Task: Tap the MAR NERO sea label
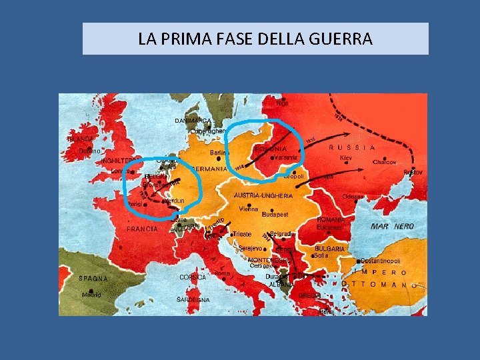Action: click(392, 227)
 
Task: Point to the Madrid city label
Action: click(91, 295)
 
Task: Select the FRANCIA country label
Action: click(142, 229)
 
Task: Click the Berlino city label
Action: click(219, 153)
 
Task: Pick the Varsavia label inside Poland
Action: click(285, 157)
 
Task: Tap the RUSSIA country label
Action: click(353, 147)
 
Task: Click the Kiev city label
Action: click(345, 158)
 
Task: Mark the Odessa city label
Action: click(353, 197)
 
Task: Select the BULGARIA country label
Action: click(329, 249)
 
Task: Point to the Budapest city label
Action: click(275, 215)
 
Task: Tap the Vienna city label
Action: click(248, 209)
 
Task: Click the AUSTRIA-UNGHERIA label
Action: click(263, 196)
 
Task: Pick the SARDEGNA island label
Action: click(193, 300)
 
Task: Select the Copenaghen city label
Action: click(207, 131)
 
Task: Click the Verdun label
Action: click(174, 201)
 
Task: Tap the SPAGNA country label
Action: click(93, 279)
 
